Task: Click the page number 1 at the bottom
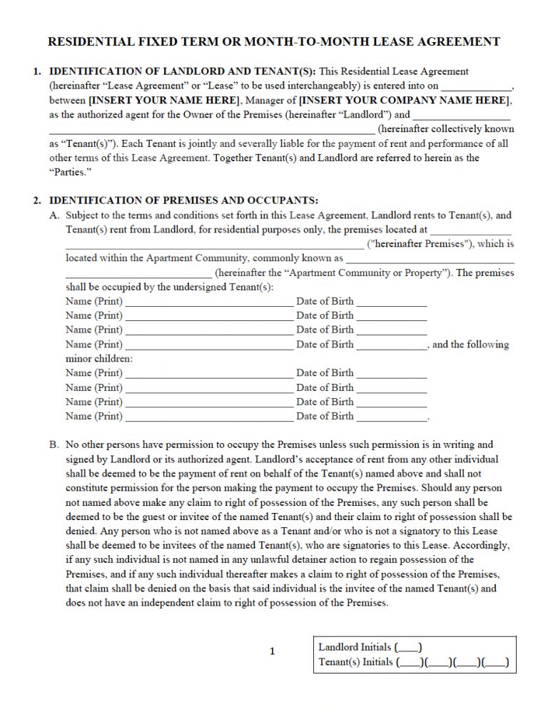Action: tap(272, 651)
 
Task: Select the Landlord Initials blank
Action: tap(408, 648)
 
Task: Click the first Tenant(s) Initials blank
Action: tap(410, 663)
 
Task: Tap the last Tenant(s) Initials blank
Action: tap(495, 663)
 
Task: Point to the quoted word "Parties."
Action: tap(71, 173)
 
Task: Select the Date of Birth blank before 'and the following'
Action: tap(391, 345)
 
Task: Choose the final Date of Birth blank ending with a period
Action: tap(391, 417)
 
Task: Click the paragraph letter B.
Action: tap(54, 444)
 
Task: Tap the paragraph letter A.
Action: tap(54, 215)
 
